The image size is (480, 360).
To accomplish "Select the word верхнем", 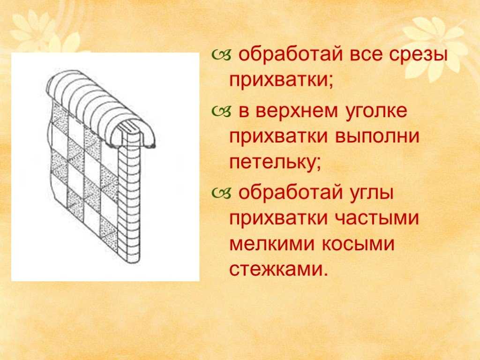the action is (297, 111).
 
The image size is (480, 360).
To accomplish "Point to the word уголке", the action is (377, 112).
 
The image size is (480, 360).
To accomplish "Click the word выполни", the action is (377, 136).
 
